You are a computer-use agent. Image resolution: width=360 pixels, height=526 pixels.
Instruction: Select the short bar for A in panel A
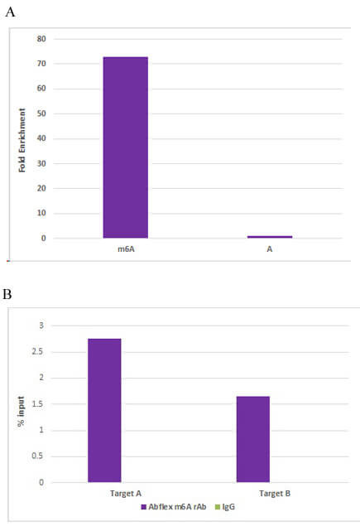point(269,237)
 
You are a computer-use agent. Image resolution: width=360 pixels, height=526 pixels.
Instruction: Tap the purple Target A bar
point(104,410)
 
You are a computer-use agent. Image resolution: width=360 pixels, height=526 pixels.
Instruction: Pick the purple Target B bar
point(252,439)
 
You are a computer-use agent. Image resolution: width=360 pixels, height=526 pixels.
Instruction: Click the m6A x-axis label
point(124,248)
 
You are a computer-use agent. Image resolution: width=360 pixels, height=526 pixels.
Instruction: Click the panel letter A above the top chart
point(10,12)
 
